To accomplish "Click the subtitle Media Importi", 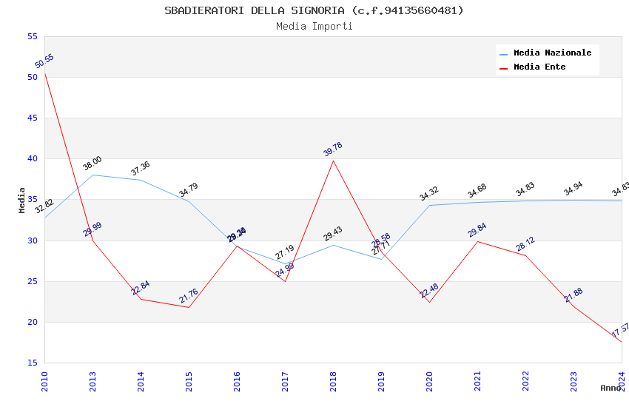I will point(314,27).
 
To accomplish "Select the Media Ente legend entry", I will point(539,67).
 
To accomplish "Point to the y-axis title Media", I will point(22,200).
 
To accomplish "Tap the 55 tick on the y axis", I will point(32,36).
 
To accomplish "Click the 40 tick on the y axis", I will point(32,158).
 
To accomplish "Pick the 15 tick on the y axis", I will point(32,363).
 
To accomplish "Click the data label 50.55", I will point(44,61).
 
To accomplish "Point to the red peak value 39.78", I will point(333,149).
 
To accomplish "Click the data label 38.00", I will point(92,164).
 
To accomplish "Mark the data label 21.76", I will point(189,296).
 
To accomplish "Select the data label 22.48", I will point(429,290).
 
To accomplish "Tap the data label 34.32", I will point(429,194).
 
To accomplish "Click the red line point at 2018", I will point(333,161).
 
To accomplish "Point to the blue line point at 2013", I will point(92,175).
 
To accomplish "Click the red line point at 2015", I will point(189,307).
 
